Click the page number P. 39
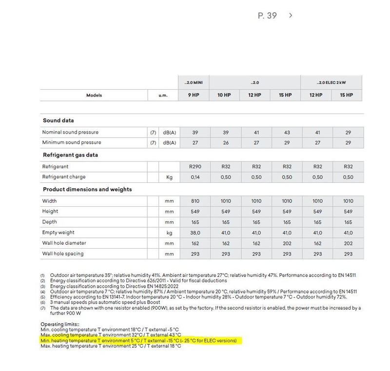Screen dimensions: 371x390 click(x=267, y=16)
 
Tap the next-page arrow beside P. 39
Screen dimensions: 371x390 click(x=291, y=16)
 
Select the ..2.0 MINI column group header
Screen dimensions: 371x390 click(x=194, y=82)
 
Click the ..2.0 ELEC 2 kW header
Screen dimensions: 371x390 click(x=331, y=82)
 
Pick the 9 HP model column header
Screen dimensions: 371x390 click(x=194, y=95)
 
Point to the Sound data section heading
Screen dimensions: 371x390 click(x=58, y=120)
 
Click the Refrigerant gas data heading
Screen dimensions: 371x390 click(x=70, y=155)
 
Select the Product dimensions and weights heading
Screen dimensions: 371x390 click(x=87, y=189)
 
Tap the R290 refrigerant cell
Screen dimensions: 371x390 click(x=195, y=167)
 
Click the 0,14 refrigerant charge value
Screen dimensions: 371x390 click(x=195, y=177)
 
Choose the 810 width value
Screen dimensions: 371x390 click(x=195, y=201)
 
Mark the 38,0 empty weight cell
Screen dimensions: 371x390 click(x=195, y=233)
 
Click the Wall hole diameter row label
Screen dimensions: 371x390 click(x=64, y=243)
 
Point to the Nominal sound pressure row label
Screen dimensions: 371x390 click(x=70, y=132)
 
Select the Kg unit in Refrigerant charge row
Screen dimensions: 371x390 click(x=169, y=177)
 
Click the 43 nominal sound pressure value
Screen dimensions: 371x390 click(x=287, y=132)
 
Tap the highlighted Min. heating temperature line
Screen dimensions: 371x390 click(x=138, y=340)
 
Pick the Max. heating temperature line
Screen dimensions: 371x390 click(x=110, y=346)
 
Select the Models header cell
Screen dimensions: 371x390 click(x=94, y=95)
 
